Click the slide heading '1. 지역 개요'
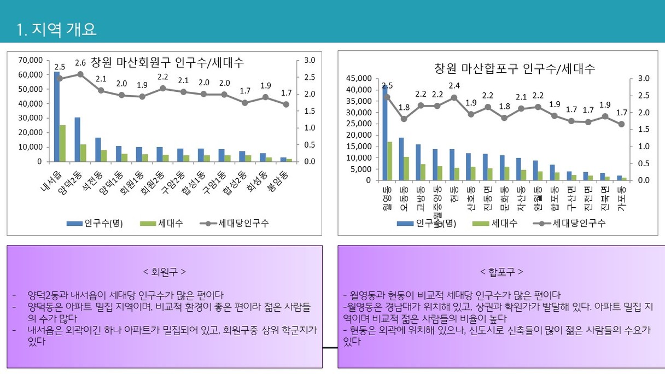click(57, 30)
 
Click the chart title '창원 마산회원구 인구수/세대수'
click(167, 62)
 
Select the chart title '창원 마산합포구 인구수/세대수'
click(514, 69)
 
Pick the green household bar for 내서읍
click(63, 143)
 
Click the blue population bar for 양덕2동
click(77, 139)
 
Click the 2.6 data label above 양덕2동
click(80, 62)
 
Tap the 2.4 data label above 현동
click(454, 86)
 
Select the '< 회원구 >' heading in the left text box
click(164, 272)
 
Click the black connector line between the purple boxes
click(330, 347)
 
